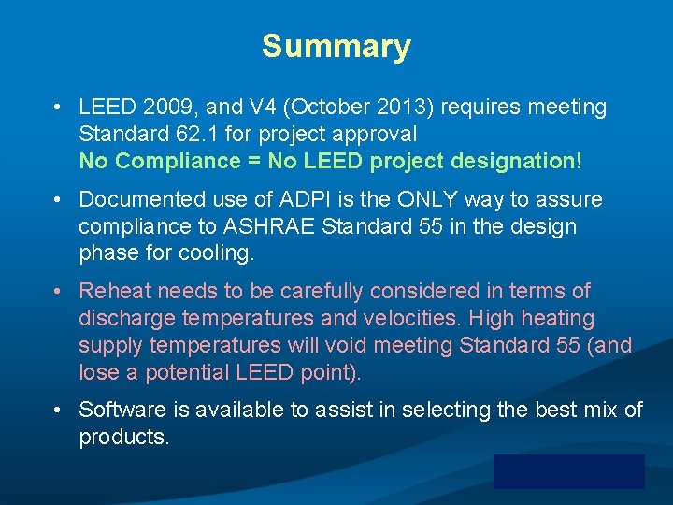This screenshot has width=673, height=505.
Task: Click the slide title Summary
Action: pyautogui.click(x=336, y=46)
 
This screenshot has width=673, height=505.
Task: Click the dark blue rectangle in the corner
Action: pyautogui.click(x=569, y=471)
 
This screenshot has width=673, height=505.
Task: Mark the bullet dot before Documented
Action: pyautogui.click(x=58, y=199)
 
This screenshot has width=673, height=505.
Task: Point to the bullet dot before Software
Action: pyautogui.click(x=58, y=410)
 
